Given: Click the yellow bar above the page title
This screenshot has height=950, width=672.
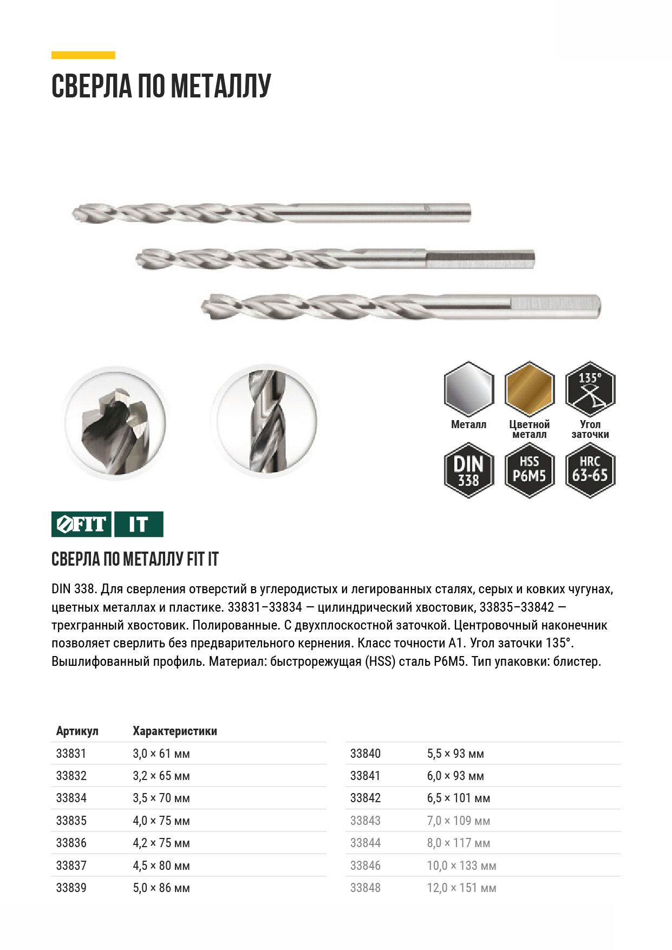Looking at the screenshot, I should (83, 55).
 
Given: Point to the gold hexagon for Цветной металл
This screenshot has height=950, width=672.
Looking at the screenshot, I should (529, 389).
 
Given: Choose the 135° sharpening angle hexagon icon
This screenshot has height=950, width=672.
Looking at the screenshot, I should (590, 389).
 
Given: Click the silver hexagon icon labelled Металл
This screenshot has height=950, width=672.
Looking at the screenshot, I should (468, 389).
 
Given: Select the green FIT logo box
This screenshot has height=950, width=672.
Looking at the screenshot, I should (81, 524).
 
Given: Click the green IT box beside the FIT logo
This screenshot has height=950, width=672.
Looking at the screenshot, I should (139, 524).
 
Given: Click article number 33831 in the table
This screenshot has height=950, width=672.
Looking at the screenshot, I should (71, 754).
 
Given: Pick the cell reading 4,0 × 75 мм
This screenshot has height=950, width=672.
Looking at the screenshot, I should (161, 821).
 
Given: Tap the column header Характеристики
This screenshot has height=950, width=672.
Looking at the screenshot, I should (175, 731).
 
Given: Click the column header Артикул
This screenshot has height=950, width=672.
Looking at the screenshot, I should (77, 731).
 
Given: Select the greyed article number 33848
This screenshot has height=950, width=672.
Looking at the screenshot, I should (365, 888).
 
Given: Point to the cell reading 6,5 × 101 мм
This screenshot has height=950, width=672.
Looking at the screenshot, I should (458, 798).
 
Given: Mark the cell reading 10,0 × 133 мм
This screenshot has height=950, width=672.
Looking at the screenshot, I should (461, 866).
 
